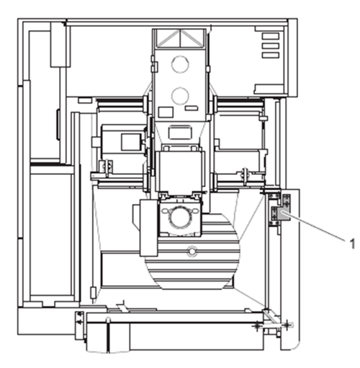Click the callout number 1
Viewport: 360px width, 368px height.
click(x=352, y=244)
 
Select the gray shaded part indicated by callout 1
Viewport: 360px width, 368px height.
click(x=284, y=215)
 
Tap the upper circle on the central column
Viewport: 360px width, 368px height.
click(x=180, y=64)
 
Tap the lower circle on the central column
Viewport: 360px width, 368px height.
click(x=180, y=96)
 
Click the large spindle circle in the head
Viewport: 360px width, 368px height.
click(x=180, y=217)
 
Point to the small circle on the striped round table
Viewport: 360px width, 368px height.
click(x=192, y=251)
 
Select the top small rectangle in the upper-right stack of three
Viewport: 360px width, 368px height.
click(x=271, y=36)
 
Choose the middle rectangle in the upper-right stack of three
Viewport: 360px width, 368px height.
click(x=271, y=46)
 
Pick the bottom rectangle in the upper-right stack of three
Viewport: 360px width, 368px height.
click(x=271, y=55)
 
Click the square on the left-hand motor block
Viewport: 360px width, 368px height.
click(x=131, y=142)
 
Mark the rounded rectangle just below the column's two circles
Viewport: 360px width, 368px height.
click(x=180, y=133)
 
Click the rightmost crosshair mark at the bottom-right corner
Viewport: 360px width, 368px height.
click(x=287, y=325)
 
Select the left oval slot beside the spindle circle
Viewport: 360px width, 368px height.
click(x=165, y=211)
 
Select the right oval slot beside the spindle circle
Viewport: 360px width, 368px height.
click(x=196, y=211)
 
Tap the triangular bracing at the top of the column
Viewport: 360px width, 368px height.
click(x=180, y=38)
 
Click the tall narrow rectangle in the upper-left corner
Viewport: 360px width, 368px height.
click(x=60, y=45)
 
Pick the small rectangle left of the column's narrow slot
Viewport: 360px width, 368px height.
click(x=166, y=112)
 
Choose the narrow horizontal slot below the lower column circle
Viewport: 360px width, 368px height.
click(x=192, y=108)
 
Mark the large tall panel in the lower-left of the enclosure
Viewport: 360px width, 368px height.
click(x=51, y=235)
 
